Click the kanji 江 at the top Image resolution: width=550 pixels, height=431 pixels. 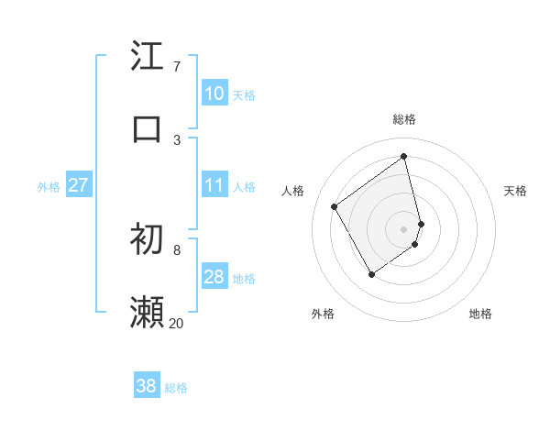pos(147,56)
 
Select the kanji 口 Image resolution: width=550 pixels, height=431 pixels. pos(147,128)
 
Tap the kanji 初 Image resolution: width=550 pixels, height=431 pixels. pos(147,239)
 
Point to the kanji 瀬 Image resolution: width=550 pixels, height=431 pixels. pos(147,313)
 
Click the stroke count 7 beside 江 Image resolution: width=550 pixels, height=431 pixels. pos(176,66)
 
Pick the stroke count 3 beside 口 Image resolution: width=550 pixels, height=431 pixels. pos(176,139)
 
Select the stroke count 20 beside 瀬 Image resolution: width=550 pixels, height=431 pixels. pos(176,323)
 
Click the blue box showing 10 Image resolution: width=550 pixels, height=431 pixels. pos(214,94)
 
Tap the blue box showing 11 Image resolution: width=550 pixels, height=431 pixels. pos(214,185)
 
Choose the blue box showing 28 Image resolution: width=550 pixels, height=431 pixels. pos(214,277)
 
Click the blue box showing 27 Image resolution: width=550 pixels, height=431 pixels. pos(79,185)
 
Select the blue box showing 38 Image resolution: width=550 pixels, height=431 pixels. pos(147,386)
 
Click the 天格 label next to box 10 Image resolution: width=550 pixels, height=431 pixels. pos(244,95)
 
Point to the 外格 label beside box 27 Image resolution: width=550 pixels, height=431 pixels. pos(49,187)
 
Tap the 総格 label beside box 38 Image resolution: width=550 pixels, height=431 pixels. pos(176,388)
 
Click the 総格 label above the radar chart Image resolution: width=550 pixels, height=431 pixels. pos(404,119)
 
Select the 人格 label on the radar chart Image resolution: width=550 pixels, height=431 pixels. pos(293,191)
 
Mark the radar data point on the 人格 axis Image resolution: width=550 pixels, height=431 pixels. pos(335,206)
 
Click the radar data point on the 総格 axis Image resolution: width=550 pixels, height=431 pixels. pos(404,157)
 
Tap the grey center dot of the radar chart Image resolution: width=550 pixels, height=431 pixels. pos(404,227)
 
